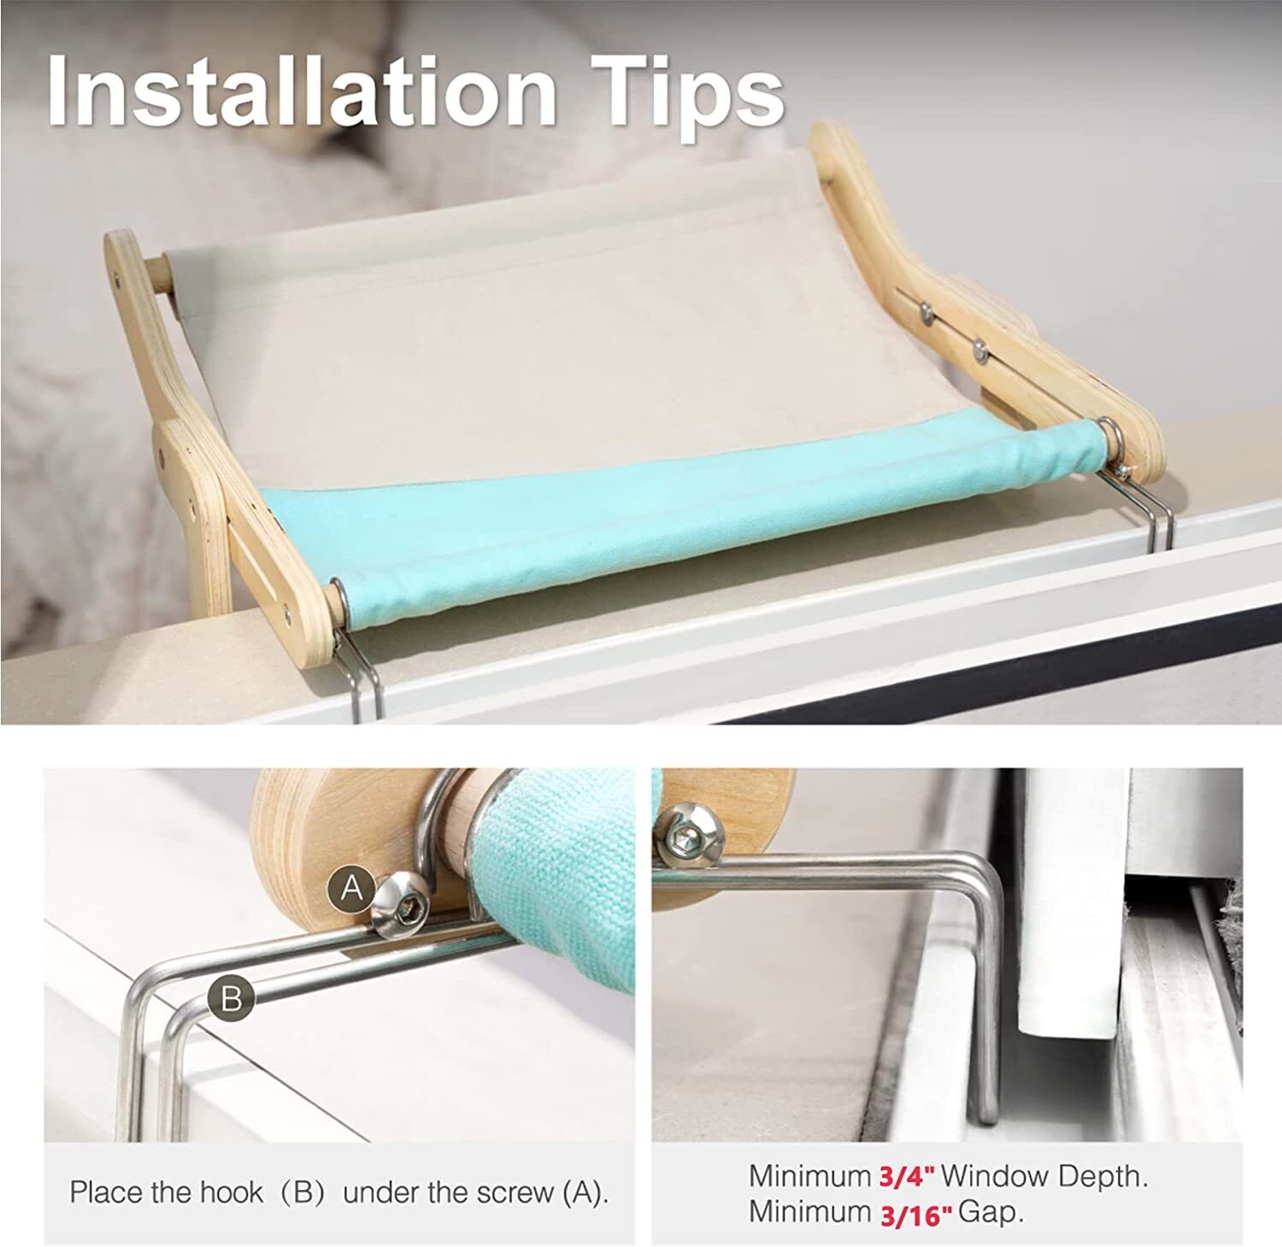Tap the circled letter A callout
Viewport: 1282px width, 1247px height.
[x=351, y=889]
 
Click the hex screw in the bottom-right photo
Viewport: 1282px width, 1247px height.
[x=688, y=832]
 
